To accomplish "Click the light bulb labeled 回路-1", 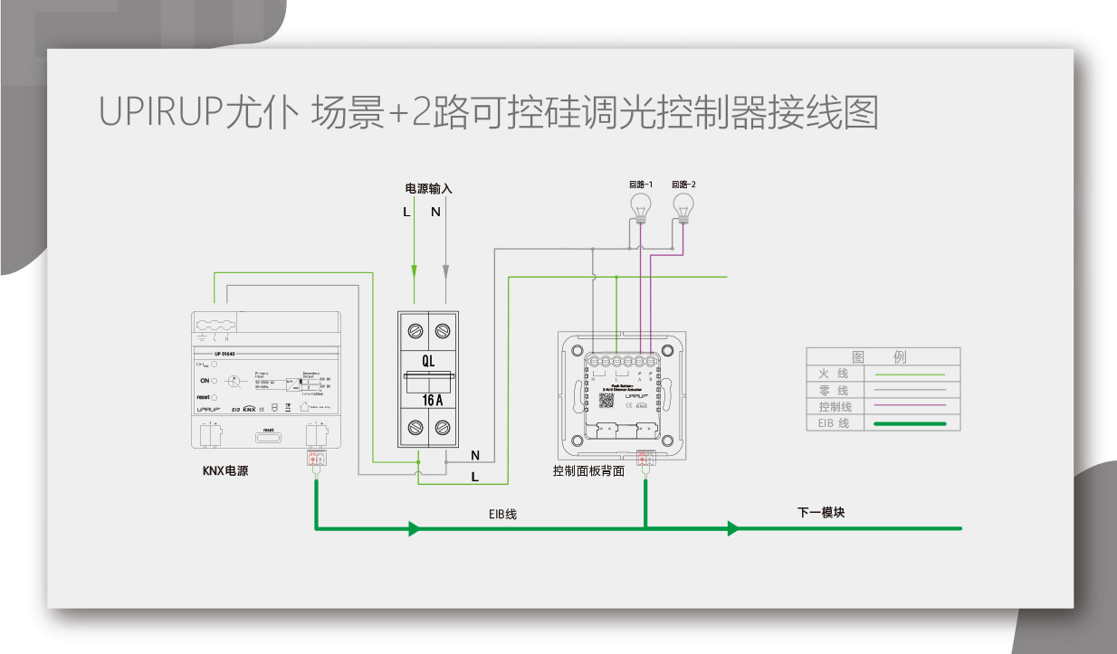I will click(x=641, y=204).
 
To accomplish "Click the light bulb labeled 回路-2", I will click(x=683, y=204).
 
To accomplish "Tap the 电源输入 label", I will click(x=428, y=189).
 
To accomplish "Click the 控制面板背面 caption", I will click(x=588, y=471).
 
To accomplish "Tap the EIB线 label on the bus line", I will click(x=502, y=514).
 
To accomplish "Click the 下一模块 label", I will click(x=821, y=512).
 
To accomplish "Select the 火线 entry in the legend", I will click(x=834, y=374).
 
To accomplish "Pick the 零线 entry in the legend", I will click(x=834, y=390).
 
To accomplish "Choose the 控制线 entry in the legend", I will click(x=835, y=406).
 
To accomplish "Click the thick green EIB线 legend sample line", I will click(x=910, y=423).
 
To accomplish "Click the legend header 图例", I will click(x=882, y=357).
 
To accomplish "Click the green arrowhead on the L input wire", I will click(x=415, y=270).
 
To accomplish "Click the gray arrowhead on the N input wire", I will click(x=445, y=270).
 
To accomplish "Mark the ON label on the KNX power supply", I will click(x=205, y=381).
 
